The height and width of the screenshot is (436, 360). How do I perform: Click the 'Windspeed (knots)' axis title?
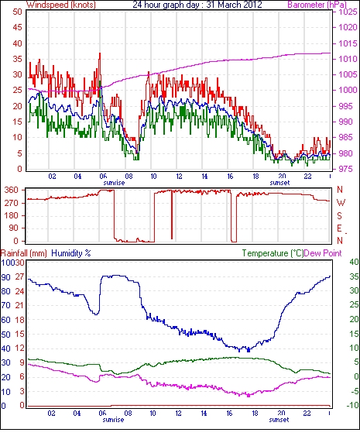pos(61,5)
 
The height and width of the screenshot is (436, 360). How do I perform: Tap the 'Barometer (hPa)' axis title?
pos(317,5)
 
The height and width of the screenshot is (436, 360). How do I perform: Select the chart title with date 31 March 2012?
pos(197,5)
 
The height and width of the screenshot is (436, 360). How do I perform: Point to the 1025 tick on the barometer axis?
pos(348,12)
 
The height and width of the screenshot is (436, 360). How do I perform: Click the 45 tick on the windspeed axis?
pos(17,28)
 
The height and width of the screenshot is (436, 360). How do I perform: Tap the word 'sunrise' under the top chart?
pos(114,183)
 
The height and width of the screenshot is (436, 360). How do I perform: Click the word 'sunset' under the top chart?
pos(279,183)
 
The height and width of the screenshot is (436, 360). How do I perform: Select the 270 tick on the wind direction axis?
pos(12,203)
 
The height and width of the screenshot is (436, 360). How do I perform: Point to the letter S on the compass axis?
pos(339,215)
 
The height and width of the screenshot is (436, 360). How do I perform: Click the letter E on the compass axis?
pos(339,228)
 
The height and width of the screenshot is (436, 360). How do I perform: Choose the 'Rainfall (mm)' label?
pos(24,253)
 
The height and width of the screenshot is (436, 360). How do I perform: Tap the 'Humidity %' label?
pos(71,253)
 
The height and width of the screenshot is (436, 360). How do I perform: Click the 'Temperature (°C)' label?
pos(273,253)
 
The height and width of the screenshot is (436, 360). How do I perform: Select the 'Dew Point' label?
pos(323,253)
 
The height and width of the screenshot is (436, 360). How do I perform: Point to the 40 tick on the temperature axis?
pos(354,262)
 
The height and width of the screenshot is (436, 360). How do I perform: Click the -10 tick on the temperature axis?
pos(352,406)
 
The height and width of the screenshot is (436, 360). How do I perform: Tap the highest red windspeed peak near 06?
pos(100,53)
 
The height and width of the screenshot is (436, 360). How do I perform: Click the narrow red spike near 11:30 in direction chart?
pos(172,214)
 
